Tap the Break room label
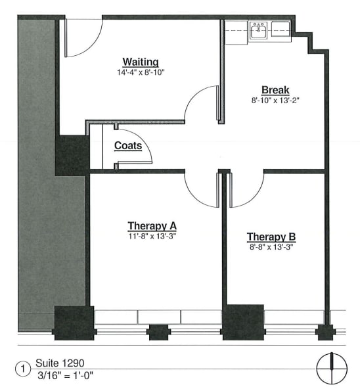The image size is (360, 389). click(275, 90)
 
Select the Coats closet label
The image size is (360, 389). click(128, 145)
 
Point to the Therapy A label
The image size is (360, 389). click(152, 226)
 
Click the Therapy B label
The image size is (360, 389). click(271, 237)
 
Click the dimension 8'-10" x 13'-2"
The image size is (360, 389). click(276, 101)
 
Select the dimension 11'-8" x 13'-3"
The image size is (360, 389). click(152, 236)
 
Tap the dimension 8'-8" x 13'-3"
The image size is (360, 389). click(271, 247)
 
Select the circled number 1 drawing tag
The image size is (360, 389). click(24, 369)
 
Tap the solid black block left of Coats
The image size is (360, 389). click(72, 155)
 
